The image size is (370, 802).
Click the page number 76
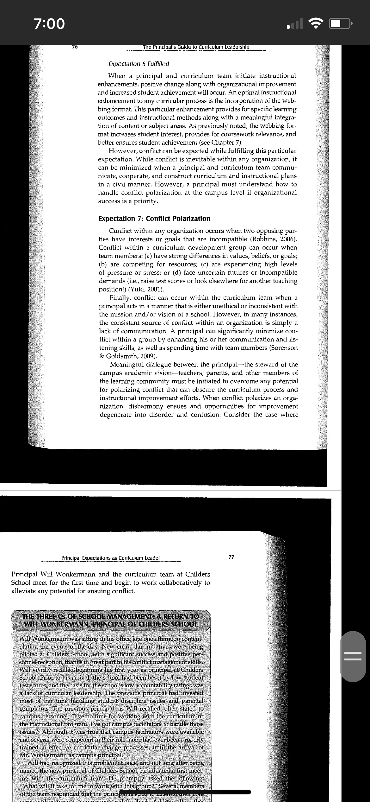(x=75, y=47)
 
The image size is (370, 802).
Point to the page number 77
(x=231, y=557)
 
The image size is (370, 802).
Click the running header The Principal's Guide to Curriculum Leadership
(x=196, y=47)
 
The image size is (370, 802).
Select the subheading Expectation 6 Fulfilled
(x=139, y=64)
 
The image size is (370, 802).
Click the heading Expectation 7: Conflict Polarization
(x=154, y=219)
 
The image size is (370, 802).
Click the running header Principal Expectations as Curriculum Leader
(x=111, y=558)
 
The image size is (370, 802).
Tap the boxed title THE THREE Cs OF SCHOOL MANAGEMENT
(x=111, y=620)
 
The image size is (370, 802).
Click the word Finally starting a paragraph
(x=120, y=298)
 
